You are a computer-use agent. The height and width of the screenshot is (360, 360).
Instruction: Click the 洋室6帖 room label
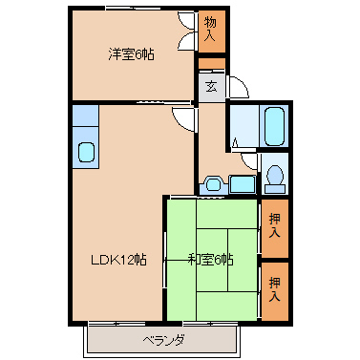tap(131, 54)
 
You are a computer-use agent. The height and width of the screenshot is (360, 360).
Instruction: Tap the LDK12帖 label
tap(119, 260)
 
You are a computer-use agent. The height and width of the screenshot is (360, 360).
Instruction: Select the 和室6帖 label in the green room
tap(211, 260)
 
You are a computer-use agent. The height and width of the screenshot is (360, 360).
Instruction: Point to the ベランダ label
tap(163, 341)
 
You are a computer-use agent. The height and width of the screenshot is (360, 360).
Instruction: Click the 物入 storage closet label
tap(210, 29)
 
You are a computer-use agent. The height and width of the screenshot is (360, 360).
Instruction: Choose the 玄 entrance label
tap(211, 87)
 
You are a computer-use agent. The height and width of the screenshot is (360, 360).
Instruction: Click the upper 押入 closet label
tap(274, 225)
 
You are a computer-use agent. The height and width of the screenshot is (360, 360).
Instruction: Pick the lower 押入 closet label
tap(274, 289)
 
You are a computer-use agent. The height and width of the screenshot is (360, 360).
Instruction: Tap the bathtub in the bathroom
tap(274, 125)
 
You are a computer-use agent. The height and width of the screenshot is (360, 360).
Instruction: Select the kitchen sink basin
tap(86, 152)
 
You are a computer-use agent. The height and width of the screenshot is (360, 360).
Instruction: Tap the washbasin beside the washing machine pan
tap(213, 184)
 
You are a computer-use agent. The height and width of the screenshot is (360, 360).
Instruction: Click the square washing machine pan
tap(243, 184)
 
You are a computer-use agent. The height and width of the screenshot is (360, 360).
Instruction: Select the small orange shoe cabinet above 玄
tap(212, 63)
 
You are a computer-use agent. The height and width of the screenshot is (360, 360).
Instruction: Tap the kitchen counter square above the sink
tap(85, 116)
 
